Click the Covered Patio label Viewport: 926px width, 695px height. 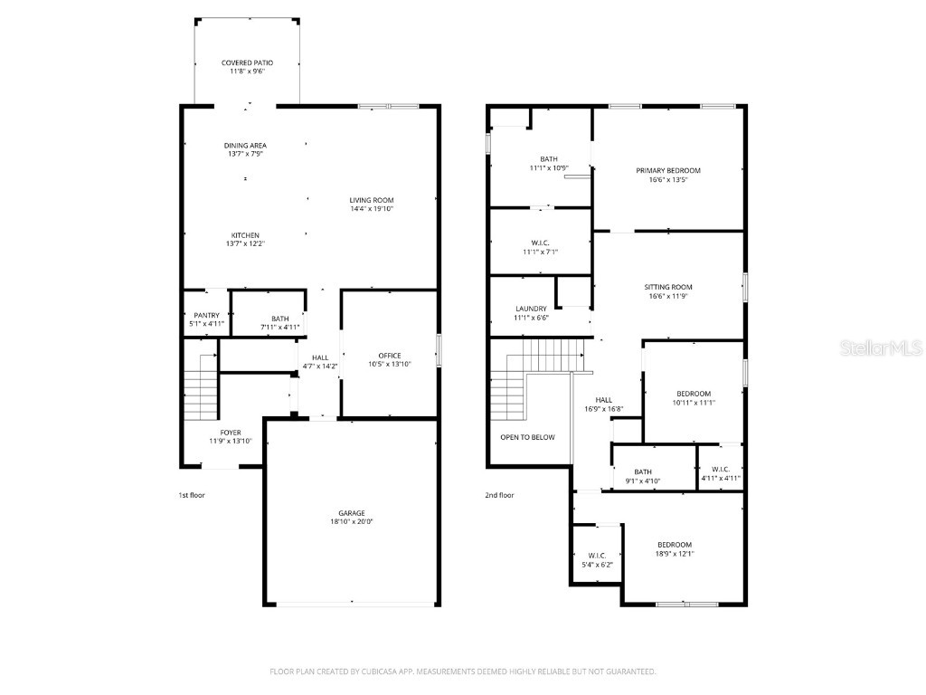pyautogui.click(x=247, y=63)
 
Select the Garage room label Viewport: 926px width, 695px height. pyautogui.click(x=352, y=513)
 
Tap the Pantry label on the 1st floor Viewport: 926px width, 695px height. pyautogui.click(x=205, y=315)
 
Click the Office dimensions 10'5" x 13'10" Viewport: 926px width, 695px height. pyautogui.click(x=390, y=364)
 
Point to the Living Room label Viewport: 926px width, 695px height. pyautogui.click(x=372, y=200)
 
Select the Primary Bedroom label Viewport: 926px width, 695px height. pyautogui.click(x=667, y=170)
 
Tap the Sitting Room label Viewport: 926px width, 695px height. pyautogui.click(x=669, y=287)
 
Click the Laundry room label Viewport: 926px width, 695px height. pyautogui.click(x=531, y=309)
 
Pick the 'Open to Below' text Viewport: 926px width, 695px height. pyautogui.click(x=527, y=437)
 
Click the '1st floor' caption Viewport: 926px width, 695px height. pyautogui.click(x=192, y=495)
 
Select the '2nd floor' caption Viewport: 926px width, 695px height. pyautogui.click(x=499, y=495)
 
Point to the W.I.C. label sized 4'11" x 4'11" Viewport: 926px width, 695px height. pyautogui.click(x=721, y=469)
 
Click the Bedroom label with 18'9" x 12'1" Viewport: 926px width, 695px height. pyautogui.click(x=674, y=545)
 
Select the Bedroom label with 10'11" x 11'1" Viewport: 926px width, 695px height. pyautogui.click(x=694, y=394)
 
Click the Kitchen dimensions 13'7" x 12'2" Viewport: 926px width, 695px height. pyautogui.click(x=246, y=243)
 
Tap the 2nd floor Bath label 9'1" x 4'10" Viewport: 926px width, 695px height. pyautogui.click(x=642, y=471)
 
